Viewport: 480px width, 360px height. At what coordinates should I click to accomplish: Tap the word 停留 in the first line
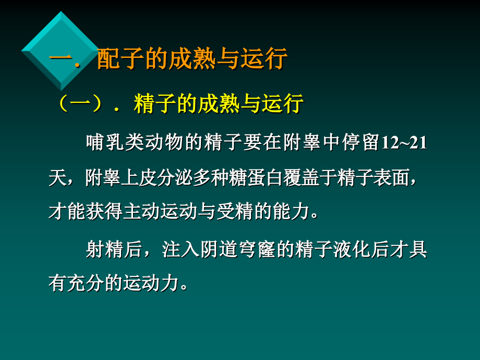357,142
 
